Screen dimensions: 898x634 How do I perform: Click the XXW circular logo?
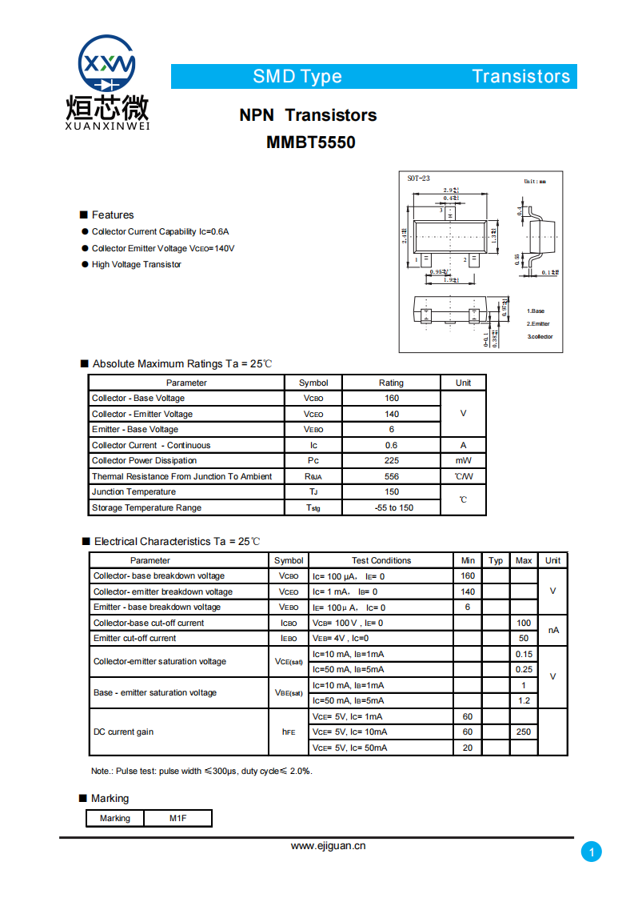pos(107,65)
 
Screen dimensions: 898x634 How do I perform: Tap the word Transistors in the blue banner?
pos(520,76)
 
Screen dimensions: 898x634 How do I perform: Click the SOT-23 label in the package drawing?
pos(418,178)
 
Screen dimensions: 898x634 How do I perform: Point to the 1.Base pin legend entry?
pos(536,311)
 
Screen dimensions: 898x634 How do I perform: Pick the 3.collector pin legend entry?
pos(540,336)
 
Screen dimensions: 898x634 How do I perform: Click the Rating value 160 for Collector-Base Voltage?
pos(391,398)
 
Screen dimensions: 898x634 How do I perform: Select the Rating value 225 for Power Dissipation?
pos(391,460)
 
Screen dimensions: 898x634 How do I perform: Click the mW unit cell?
pos(463,460)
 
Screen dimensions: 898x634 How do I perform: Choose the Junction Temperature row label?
pos(134,491)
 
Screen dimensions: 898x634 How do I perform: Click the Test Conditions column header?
pos(381,560)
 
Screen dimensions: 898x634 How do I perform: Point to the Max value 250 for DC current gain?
pos(524,732)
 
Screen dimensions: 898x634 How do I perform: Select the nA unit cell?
pos(552,631)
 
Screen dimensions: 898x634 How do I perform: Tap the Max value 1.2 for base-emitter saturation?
pos(524,700)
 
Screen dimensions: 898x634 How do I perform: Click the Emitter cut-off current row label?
pos(134,638)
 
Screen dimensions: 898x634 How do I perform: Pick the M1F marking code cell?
pos(177,818)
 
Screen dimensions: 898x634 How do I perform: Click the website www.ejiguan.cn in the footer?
pos(328,845)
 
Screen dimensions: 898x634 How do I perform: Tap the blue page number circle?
pos(591,852)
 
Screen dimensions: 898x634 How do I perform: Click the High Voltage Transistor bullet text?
pos(136,264)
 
